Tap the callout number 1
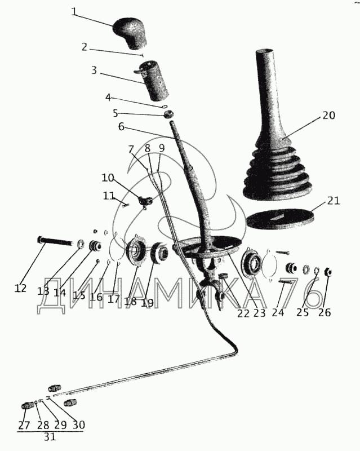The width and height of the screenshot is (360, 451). pyautogui.click(x=74, y=12)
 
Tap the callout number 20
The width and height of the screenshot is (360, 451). pyautogui.click(x=328, y=116)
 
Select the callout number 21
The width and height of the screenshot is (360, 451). pyautogui.click(x=334, y=201)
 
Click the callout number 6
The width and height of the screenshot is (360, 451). pyautogui.click(x=121, y=126)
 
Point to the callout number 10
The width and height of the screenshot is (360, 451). pyautogui.click(x=108, y=178)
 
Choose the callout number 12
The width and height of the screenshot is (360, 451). pyautogui.click(x=20, y=288)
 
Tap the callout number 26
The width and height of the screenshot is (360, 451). pyautogui.click(x=325, y=312)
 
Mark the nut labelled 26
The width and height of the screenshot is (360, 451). pyautogui.click(x=328, y=272)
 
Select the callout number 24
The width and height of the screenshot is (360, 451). pyautogui.click(x=278, y=312)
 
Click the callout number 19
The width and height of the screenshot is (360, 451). pyautogui.click(x=147, y=303)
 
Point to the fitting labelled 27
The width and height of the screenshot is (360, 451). pyautogui.click(x=26, y=406)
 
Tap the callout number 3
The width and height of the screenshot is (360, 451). pyautogui.click(x=94, y=70)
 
